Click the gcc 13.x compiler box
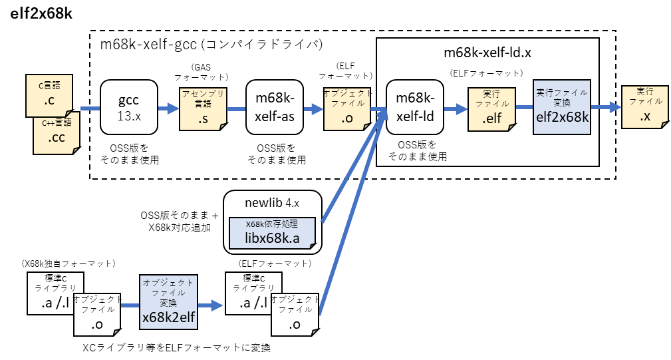pos(128,107)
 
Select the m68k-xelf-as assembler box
pos(275,107)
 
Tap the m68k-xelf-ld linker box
pos(414,107)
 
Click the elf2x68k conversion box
pos(561,107)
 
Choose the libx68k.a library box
pos(271,233)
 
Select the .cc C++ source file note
pos(57,133)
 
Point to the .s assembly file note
pos(203,109)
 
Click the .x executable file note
pos(644,107)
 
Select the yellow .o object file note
pos(346,109)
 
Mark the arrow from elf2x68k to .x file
pos(606,107)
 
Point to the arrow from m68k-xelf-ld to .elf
pos(456,108)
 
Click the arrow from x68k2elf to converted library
pos(210,305)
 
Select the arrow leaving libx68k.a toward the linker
pos(352,166)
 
